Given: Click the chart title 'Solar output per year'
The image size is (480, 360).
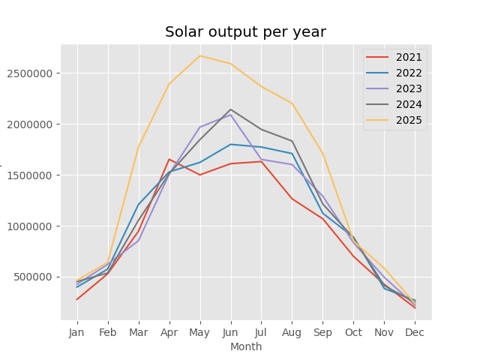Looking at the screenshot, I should tap(245, 32).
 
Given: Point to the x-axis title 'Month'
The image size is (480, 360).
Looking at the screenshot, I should tap(246, 347).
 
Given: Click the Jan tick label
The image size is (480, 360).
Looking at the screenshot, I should tap(76, 331).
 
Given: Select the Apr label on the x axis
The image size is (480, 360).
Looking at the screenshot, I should tap(169, 331).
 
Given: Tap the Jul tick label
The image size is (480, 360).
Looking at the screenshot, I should tap(261, 331).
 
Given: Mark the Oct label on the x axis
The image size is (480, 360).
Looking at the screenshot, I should tap(353, 331).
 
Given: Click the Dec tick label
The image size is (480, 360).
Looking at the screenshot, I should tap(415, 331).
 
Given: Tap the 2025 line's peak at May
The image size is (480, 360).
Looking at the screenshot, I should tap(199, 55).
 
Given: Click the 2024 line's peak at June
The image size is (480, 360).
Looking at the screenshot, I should tap(230, 109).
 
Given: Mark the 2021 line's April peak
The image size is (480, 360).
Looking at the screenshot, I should tap(169, 159).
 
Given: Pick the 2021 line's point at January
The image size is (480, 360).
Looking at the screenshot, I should tap(76, 300).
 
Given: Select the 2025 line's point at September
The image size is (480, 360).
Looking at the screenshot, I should tap(322, 154).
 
